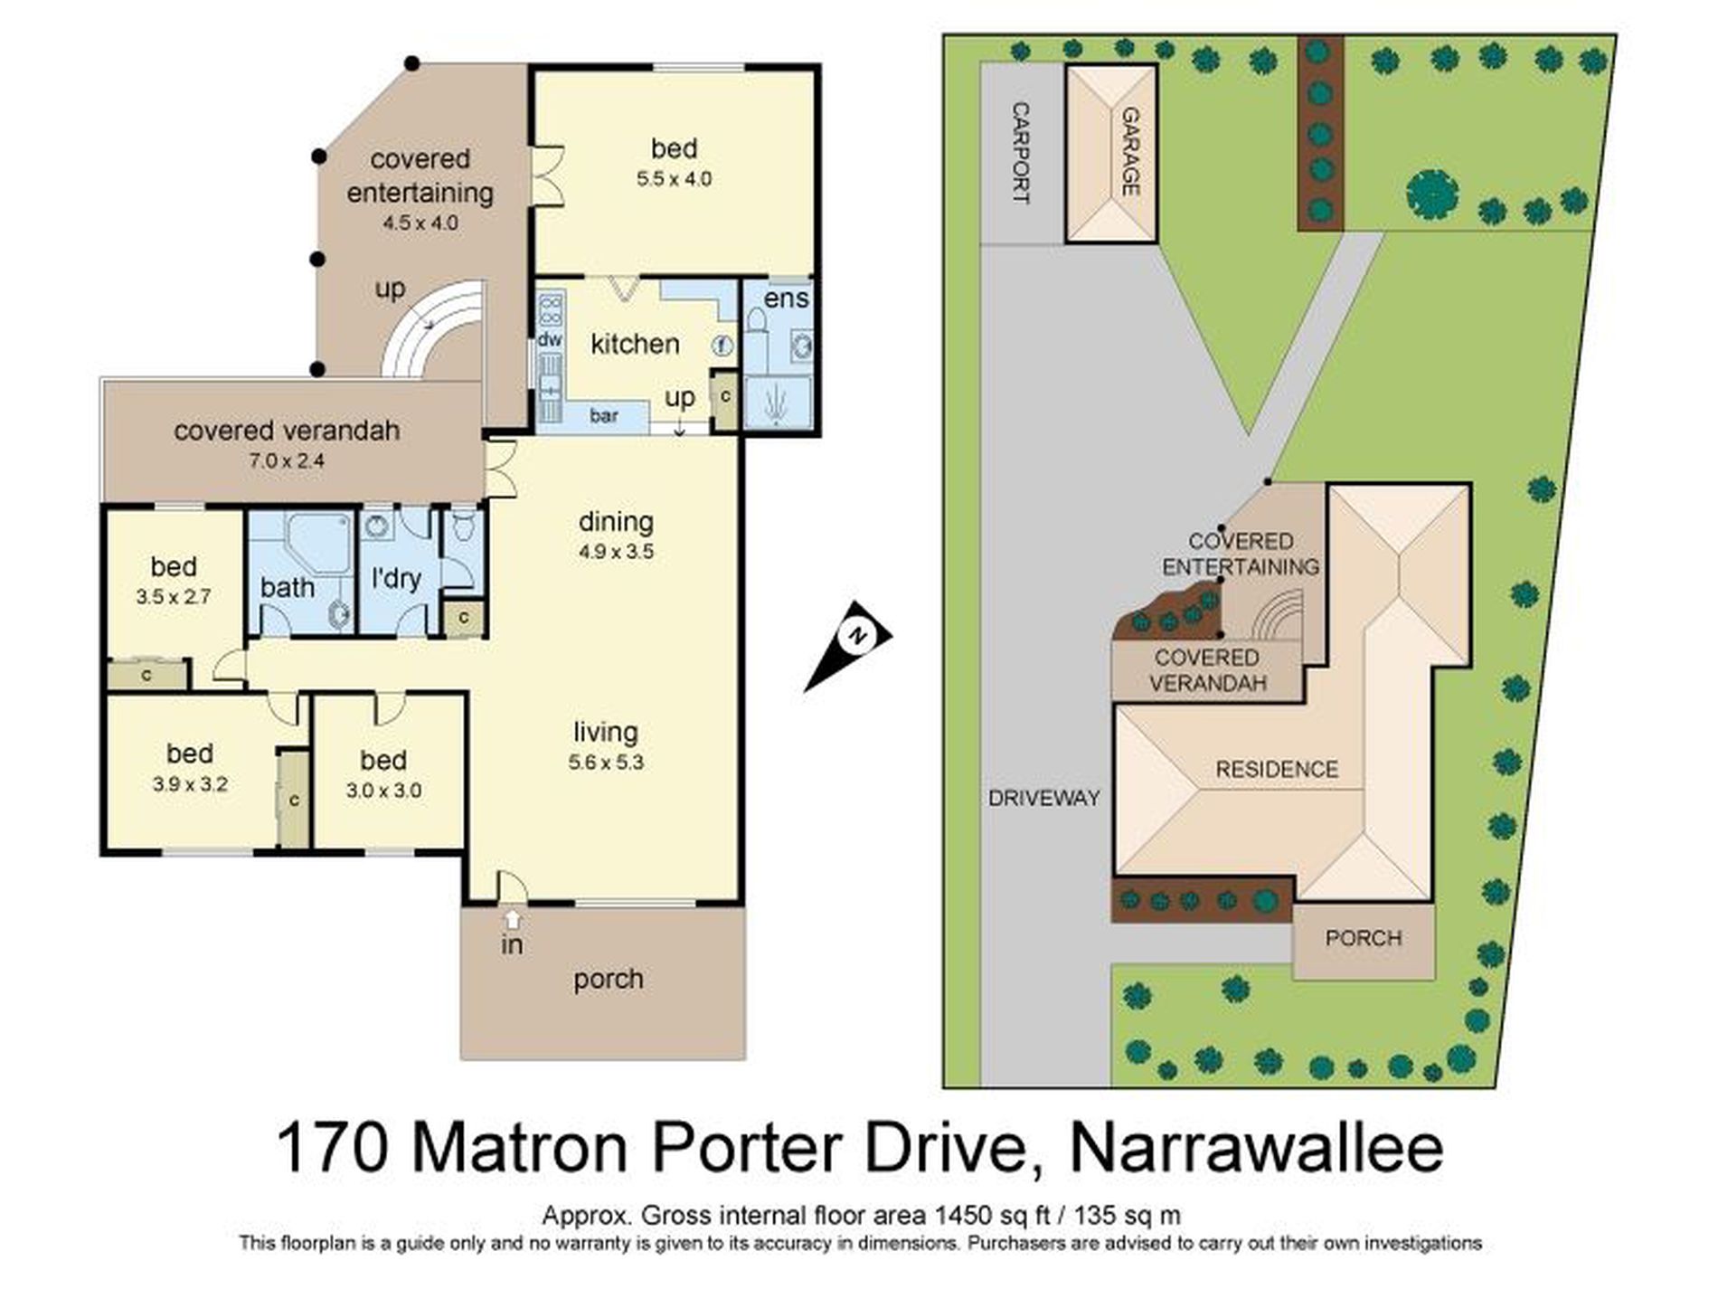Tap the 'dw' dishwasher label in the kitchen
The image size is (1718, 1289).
550,340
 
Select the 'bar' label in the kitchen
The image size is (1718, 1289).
604,415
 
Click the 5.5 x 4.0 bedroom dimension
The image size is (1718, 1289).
674,179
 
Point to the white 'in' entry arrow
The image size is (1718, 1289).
513,920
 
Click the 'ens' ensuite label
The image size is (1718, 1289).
786,299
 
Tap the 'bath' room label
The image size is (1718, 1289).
288,587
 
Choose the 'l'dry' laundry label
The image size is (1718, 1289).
396,578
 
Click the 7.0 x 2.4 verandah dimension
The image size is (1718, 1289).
287,460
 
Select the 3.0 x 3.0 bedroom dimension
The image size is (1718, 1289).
383,791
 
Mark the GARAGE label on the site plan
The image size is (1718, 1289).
1129,151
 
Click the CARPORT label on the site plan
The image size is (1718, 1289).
1020,153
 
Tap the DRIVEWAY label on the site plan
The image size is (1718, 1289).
1043,798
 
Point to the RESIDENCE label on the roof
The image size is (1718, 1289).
1276,770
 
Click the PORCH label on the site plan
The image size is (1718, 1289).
1363,939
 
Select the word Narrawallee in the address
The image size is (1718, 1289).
1256,1149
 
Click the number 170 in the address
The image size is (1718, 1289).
333,1149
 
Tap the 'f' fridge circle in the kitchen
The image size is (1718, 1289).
722,345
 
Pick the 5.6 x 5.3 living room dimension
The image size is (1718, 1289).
606,763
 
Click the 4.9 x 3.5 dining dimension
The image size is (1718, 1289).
616,552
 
